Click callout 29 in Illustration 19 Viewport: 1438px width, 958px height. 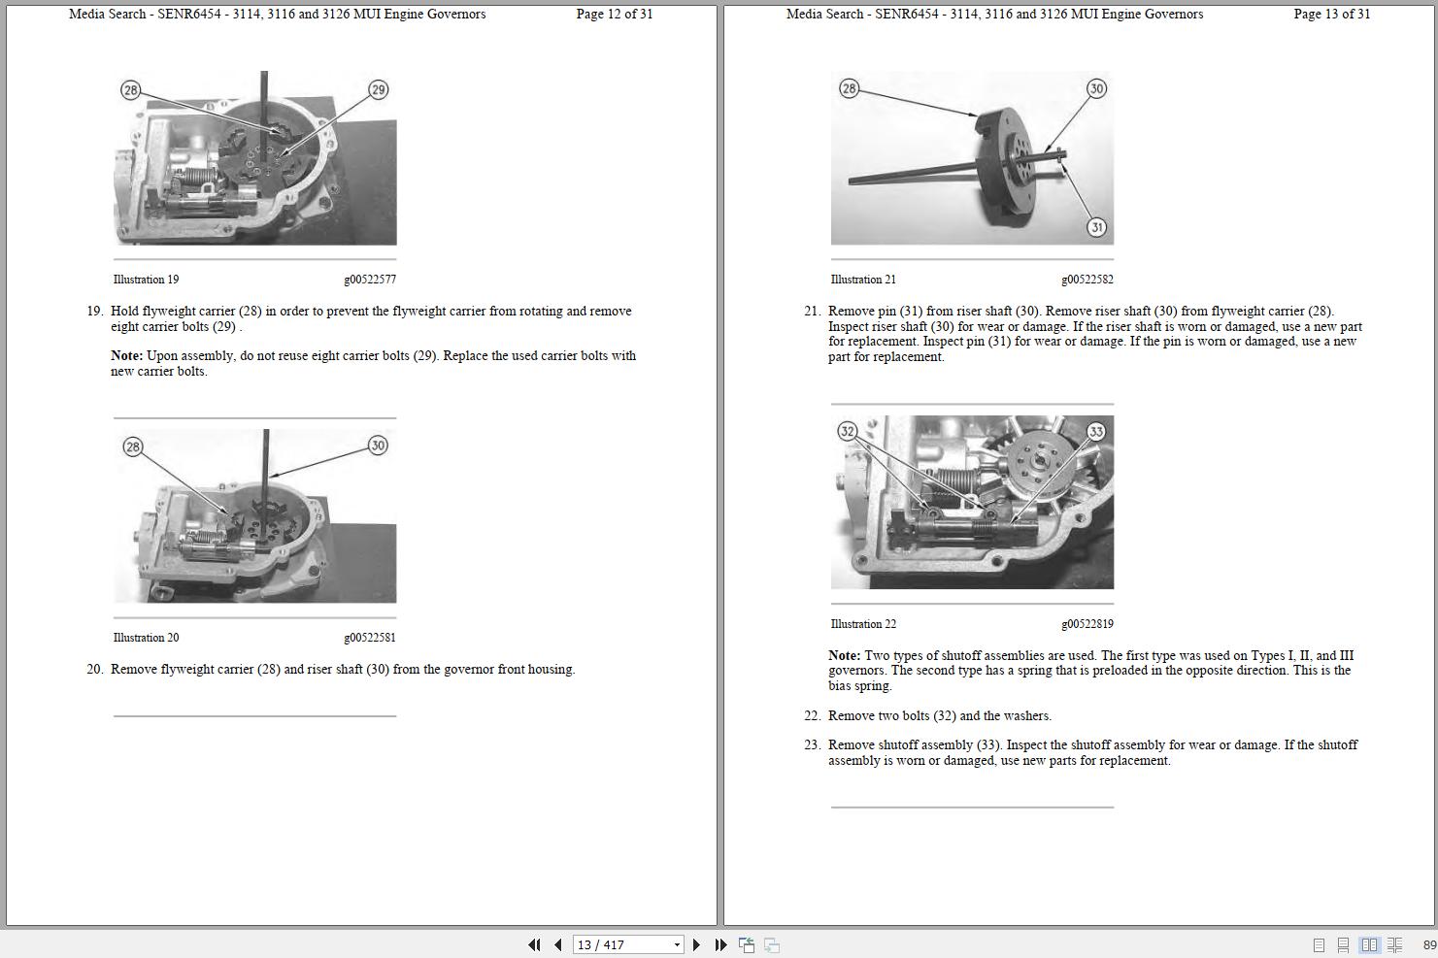(378, 89)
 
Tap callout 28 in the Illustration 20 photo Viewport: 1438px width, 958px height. (133, 446)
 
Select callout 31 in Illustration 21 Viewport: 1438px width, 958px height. (1096, 227)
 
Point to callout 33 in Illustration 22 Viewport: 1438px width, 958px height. (1096, 431)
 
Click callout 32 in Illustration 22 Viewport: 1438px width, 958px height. (848, 431)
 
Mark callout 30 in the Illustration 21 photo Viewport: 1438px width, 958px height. (1096, 88)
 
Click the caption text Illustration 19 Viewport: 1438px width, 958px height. (146, 280)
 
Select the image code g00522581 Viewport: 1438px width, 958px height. (369, 638)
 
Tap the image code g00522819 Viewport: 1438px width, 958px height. (1087, 624)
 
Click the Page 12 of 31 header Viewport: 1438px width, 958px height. (614, 14)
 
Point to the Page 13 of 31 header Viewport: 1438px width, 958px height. (1331, 14)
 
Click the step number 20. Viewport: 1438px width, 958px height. (94, 669)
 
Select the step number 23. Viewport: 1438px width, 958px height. (812, 744)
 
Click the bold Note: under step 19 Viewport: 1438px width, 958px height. (126, 355)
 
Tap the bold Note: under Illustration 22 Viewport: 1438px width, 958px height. (844, 655)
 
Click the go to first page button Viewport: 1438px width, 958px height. (534, 944)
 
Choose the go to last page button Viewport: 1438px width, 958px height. (720, 944)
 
